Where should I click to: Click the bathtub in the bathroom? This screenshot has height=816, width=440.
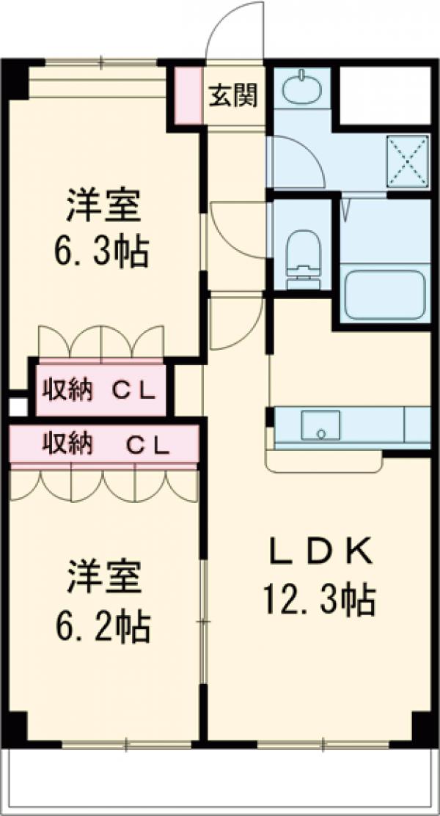click(385, 295)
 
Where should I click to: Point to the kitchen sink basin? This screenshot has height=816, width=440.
click(321, 426)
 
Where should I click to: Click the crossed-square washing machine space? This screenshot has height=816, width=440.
click(408, 159)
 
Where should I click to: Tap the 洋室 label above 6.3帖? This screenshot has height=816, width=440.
click(103, 206)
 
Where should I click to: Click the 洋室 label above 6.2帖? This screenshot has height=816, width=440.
click(103, 578)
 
